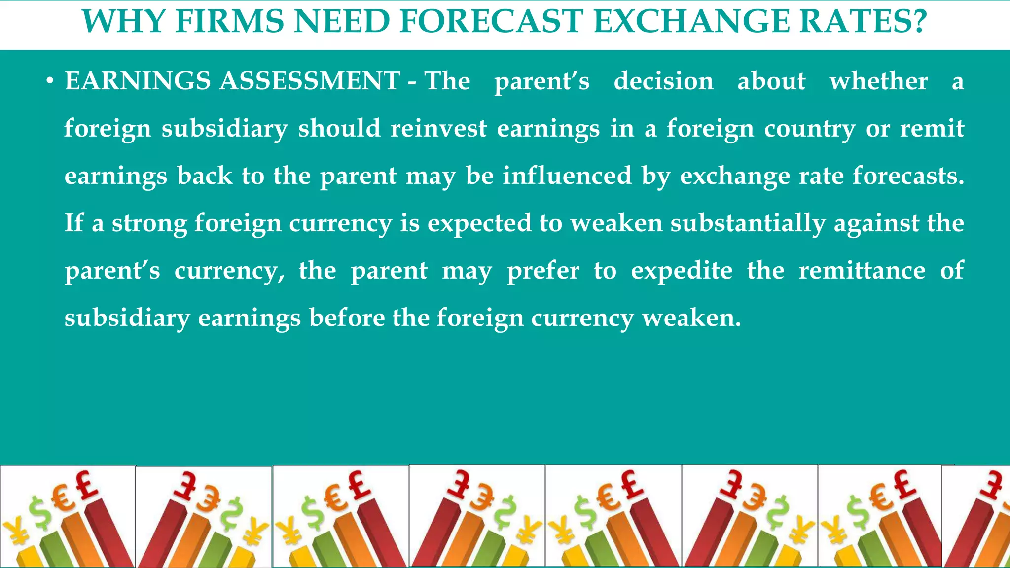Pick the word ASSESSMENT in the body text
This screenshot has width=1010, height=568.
pos(310,81)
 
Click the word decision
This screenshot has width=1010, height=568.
pos(663,81)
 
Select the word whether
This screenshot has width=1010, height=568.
pos(878,81)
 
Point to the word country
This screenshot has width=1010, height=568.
pos(810,129)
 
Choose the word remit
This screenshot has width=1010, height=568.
pos(932,128)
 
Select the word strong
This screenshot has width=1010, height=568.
pos(149,223)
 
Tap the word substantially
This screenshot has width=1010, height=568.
pos(748,223)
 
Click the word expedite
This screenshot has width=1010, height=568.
pos(682,271)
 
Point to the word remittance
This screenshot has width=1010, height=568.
pos(862,270)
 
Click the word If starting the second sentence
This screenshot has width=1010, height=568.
pos(74,223)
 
